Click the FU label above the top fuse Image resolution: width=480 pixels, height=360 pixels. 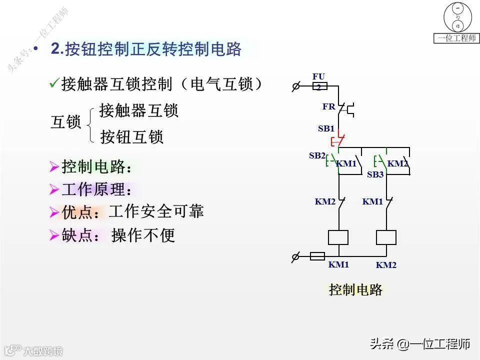318,76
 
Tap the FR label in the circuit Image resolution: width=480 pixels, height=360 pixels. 328,106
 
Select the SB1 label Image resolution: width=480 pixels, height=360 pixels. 326,128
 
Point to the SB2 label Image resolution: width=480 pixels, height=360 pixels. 317,155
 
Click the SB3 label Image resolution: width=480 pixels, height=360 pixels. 375,174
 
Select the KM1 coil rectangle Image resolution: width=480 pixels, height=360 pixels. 338,237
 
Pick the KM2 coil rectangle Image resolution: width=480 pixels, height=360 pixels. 386,237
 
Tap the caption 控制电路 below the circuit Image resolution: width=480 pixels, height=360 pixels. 355,289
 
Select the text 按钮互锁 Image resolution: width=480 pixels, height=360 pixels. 132,136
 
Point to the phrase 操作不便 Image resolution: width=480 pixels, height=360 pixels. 143,235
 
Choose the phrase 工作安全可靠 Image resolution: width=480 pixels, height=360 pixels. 156,211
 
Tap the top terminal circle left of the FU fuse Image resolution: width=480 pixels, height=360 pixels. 295,86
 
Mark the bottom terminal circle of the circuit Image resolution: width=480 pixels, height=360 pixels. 295,257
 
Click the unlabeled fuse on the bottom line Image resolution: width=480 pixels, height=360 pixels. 317,256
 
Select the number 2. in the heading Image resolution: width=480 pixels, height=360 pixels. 57,49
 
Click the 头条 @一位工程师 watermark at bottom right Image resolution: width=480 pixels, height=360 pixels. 420,344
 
